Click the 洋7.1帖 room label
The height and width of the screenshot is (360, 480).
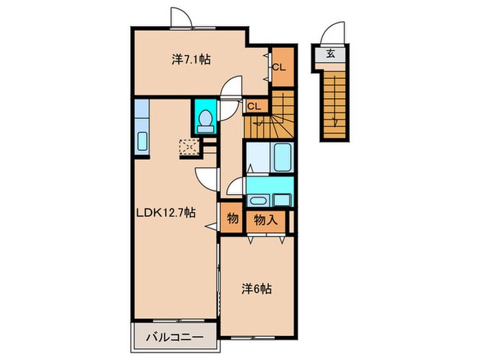(x=191, y=60)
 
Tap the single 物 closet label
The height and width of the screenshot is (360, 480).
(x=232, y=219)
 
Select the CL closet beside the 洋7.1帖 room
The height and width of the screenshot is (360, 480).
(x=279, y=67)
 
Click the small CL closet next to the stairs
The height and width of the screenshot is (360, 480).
(x=254, y=106)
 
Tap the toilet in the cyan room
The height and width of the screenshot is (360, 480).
(x=204, y=121)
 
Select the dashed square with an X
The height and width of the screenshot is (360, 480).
(x=188, y=147)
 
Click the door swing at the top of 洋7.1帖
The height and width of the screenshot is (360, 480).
(x=180, y=16)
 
